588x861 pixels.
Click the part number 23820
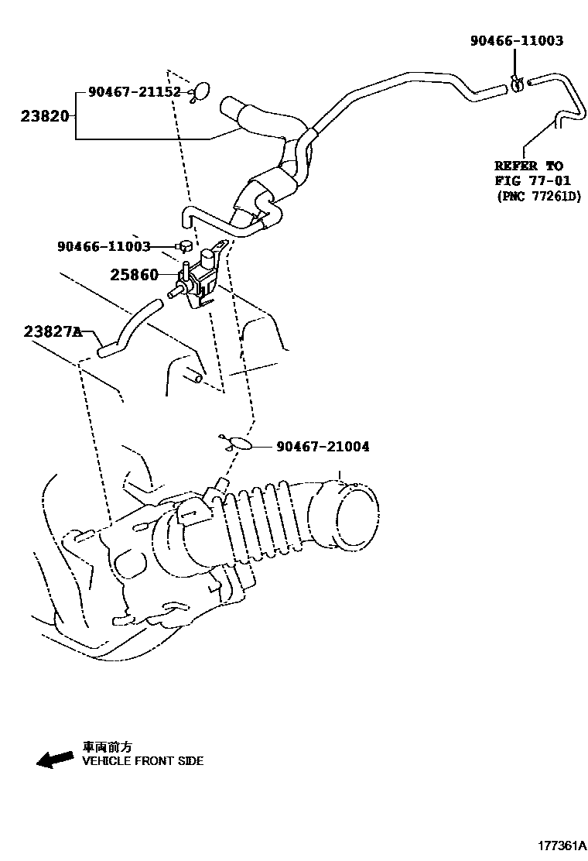coord(46,117)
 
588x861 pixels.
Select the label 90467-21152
coord(134,92)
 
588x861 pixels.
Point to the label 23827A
coord(52,331)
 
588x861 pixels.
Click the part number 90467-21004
coord(322,447)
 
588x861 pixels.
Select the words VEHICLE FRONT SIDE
coord(143,761)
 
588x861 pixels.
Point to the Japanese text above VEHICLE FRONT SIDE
coord(108,747)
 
